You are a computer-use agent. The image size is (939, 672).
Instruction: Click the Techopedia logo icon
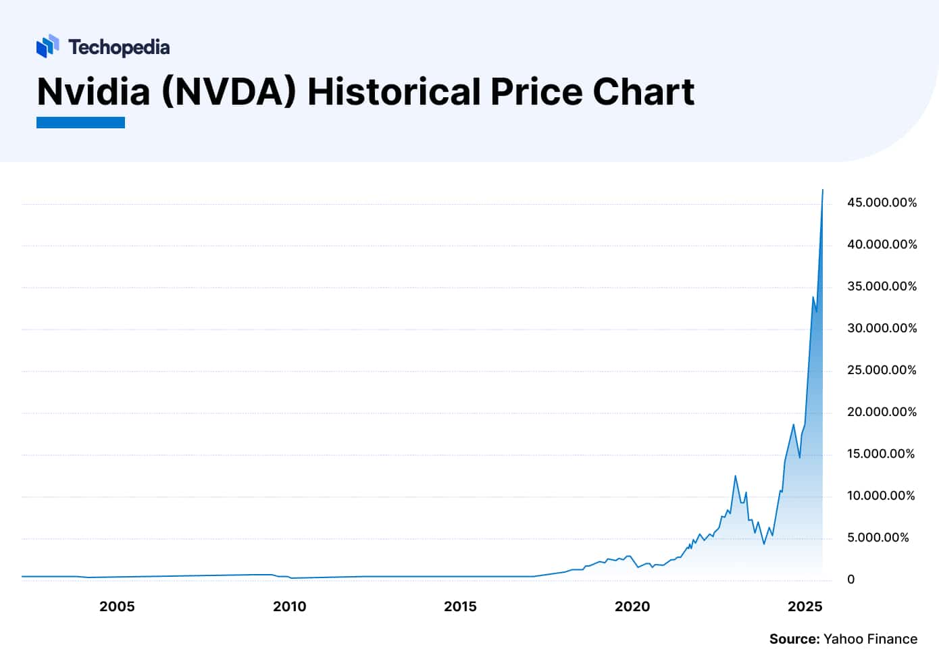point(48,47)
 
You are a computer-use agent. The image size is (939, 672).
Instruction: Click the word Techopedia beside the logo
point(119,47)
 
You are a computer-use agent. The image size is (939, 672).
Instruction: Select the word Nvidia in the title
point(93,92)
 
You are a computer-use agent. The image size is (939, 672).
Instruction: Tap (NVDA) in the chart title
point(229,92)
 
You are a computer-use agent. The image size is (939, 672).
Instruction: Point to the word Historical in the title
point(394,92)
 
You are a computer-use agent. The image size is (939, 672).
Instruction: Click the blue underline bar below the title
point(80,122)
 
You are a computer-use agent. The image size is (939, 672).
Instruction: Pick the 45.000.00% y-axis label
point(882,203)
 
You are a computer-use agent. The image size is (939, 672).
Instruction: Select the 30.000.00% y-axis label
point(882,328)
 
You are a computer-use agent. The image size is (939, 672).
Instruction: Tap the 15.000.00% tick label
point(880,454)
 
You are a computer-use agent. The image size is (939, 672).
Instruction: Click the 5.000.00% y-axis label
point(878,538)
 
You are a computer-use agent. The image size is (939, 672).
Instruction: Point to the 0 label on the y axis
point(851,579)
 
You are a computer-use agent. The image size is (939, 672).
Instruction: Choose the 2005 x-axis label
point(117,606)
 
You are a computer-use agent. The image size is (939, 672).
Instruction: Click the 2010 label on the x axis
point(289,606)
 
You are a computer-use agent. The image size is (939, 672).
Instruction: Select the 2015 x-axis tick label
point(460,606)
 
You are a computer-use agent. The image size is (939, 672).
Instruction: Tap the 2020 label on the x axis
point(632,606)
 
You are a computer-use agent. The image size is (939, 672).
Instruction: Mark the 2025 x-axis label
point(805,606)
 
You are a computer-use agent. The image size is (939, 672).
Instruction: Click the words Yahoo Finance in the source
point(870,639)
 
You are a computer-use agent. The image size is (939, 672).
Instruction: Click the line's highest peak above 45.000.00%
point(822,190)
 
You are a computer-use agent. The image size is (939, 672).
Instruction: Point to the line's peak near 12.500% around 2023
point(735,476)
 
